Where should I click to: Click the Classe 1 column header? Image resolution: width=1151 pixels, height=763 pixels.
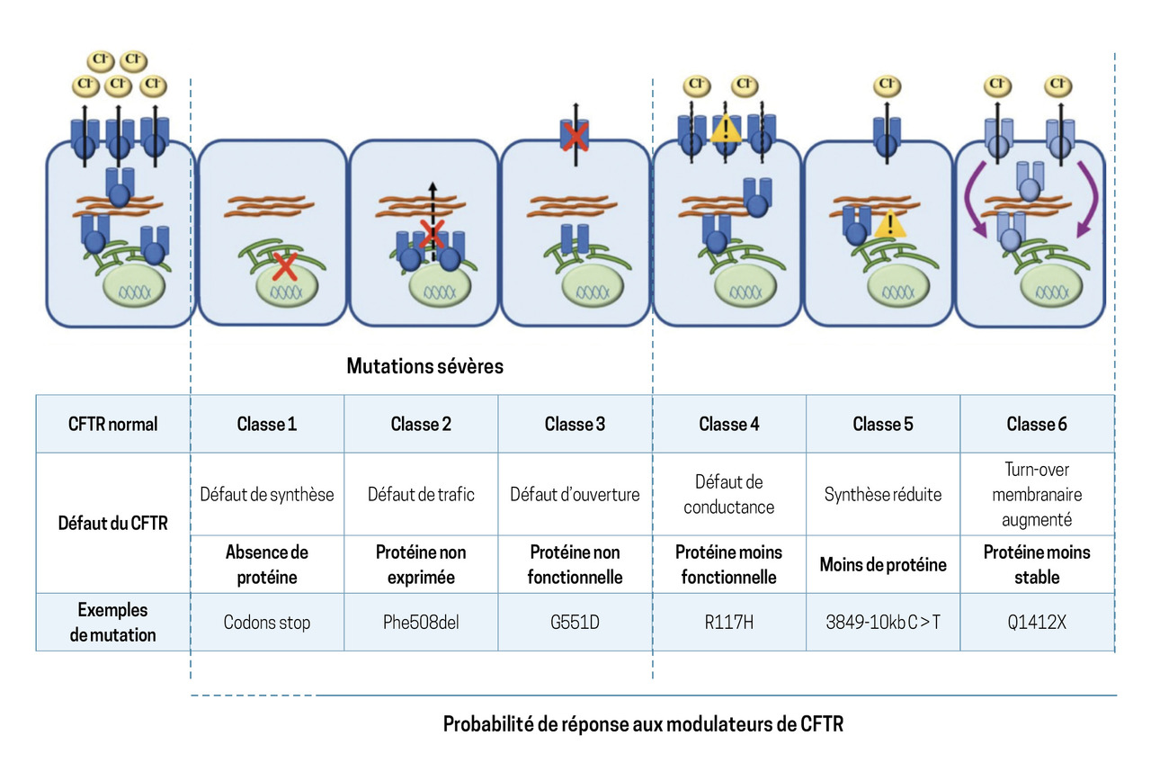coord(267,424)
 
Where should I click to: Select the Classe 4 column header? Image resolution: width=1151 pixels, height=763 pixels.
coord(728,424)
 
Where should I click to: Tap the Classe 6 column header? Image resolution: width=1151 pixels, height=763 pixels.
coord(1036,424)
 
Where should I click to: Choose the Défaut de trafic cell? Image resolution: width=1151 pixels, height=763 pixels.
coord(421,494)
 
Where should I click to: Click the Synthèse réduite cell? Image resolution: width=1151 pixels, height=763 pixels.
coord(882,494)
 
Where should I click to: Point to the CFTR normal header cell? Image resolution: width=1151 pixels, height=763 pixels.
coord(113,424)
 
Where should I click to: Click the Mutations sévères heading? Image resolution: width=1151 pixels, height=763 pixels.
coord(425,367)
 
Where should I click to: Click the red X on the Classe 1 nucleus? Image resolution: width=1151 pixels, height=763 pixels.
coord(286,266)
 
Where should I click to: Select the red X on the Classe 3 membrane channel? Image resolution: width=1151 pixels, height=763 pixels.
coord(575,137)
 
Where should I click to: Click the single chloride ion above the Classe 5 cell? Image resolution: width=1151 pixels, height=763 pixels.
coord(887,86)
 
